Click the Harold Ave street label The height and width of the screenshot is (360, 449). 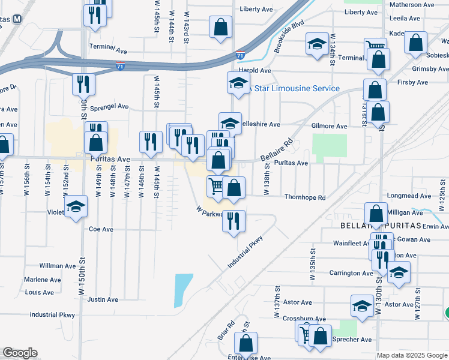click(255, 70)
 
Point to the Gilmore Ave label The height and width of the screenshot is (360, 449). click(329, 126)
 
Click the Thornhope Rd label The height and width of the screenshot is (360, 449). click(304, 197)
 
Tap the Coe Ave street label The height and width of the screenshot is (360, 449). click(101, 229)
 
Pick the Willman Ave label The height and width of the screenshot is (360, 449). click(58, 265)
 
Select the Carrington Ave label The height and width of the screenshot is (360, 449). click(351, 273)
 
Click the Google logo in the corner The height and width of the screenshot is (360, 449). click(20, 353)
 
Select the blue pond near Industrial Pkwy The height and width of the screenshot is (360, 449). click(184, 284)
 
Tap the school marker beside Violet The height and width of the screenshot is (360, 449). click(75, 206)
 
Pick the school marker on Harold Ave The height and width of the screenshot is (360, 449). click(238, 84)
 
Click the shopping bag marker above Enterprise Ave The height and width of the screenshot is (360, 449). click(246, 344)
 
